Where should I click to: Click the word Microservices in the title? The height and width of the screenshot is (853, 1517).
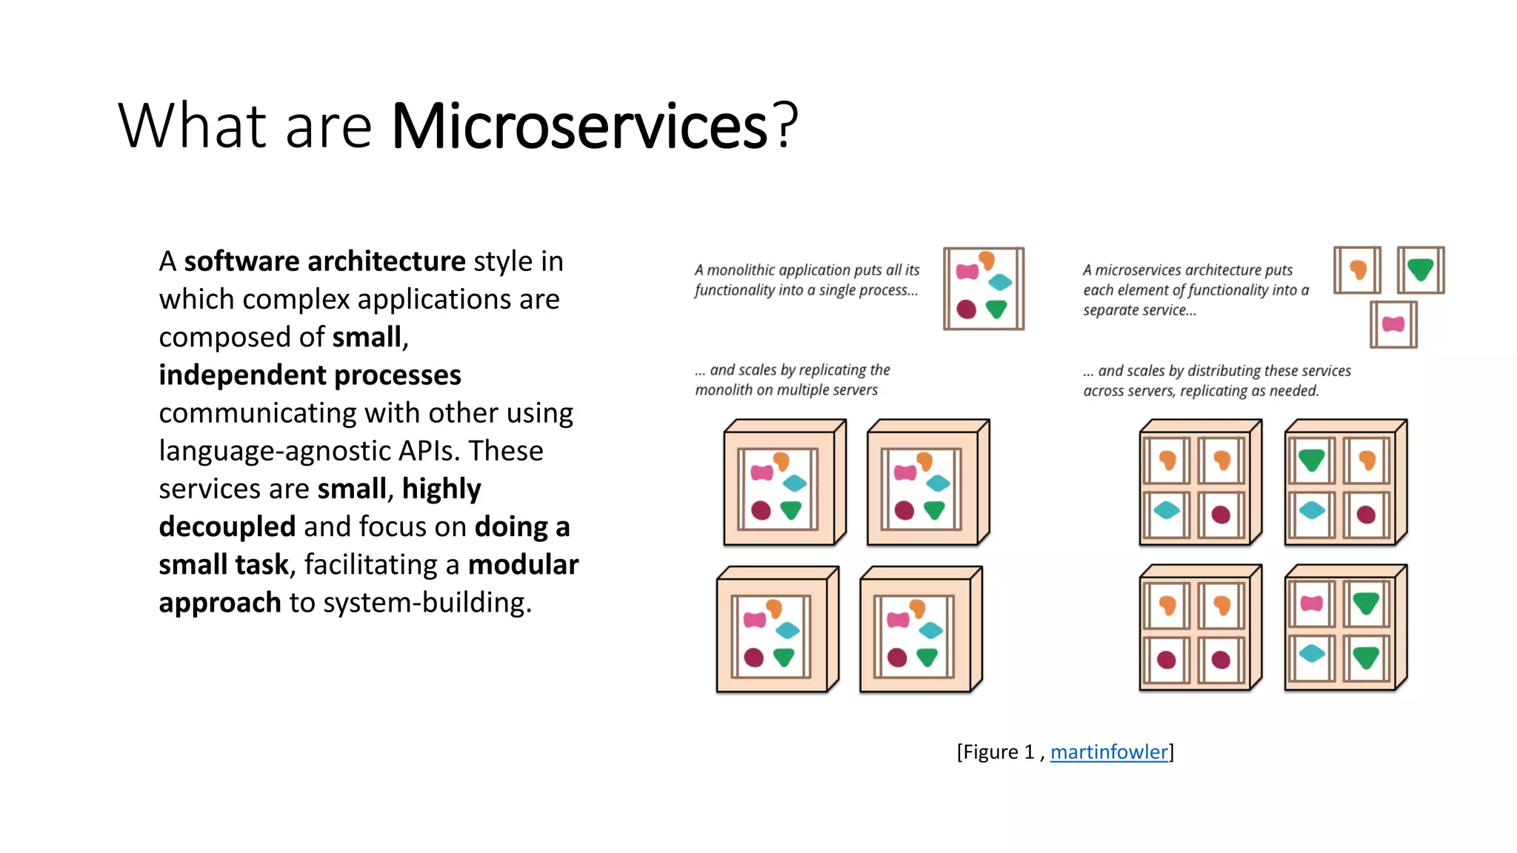[x=579, y=126]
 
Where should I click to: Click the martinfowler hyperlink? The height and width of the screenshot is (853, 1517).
[x=1109, y=752]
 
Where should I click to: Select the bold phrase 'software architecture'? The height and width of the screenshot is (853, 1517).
[x=324, y=261]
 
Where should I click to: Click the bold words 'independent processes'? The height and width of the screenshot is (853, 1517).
[x=310, y=375]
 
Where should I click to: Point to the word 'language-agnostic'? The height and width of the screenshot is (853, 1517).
[x=274, y=451]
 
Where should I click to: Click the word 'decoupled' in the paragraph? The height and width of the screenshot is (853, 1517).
[x=227, y=527]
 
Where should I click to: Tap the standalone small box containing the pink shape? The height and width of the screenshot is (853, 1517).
[x=1393, y=324]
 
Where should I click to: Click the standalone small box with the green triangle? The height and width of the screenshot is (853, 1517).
[x=1420, y=270]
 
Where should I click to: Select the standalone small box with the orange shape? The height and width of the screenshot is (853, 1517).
[x=1357, y=270]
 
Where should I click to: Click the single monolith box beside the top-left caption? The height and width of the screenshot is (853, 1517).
[x=983, y=289]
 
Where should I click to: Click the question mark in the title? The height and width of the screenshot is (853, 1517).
[x=785, y=126]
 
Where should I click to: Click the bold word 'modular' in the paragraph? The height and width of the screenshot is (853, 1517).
[x=523, y=565]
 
